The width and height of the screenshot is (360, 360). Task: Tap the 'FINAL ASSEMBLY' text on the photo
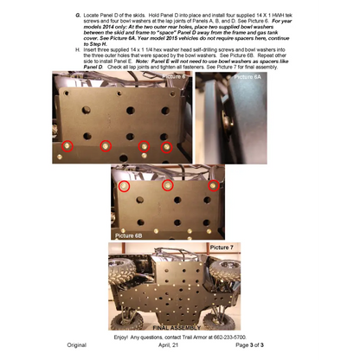tap(180, 326)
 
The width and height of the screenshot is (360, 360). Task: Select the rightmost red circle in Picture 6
tap(167, 147)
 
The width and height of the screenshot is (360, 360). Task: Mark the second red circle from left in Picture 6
tap(106, 146)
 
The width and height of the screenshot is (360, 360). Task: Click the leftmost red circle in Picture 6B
tap(124, 185)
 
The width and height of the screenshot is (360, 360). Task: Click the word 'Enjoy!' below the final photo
tap(125, 337)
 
